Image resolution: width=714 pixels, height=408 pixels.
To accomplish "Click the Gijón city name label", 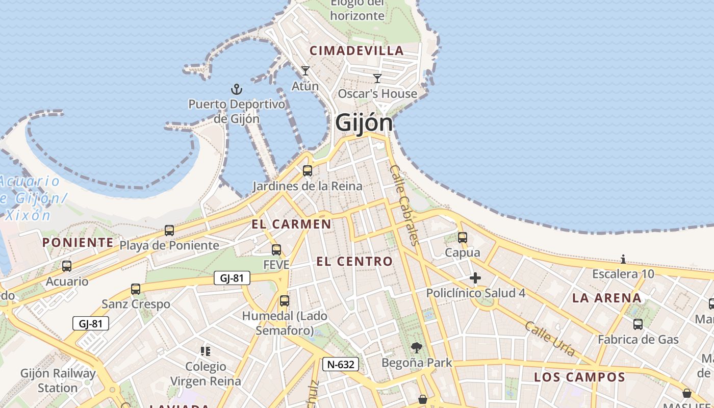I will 364,123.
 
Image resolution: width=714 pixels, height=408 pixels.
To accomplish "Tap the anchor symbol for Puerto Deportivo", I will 236,90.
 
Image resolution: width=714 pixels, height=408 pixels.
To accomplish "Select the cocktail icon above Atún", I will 305,71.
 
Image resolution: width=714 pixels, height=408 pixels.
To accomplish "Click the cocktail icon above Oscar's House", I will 377,78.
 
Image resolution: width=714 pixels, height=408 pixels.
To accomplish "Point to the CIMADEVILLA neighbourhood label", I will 357,50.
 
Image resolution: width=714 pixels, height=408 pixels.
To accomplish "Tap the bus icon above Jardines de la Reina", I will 307,171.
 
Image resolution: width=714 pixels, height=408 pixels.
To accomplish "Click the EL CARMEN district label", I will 291,224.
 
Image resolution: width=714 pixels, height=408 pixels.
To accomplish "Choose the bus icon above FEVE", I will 276,250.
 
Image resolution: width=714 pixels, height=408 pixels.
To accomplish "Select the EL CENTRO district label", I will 354,262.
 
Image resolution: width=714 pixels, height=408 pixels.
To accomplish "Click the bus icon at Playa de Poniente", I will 169,231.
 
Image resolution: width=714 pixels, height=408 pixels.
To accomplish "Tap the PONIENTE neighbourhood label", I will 78,242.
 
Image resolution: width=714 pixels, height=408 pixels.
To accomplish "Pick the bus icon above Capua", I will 463,238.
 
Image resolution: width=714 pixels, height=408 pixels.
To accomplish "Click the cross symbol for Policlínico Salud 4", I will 475,278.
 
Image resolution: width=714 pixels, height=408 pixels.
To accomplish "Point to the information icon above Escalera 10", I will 623,259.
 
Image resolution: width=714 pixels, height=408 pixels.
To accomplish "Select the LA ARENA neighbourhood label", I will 607,298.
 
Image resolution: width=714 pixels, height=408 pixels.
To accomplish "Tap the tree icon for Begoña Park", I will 417,348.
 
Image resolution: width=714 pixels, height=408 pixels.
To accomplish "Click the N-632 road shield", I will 341,364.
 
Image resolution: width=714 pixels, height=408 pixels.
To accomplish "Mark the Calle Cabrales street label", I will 405,204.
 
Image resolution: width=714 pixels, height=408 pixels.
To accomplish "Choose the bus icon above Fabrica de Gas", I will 638,324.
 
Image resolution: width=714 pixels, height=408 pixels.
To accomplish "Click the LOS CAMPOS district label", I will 579,377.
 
